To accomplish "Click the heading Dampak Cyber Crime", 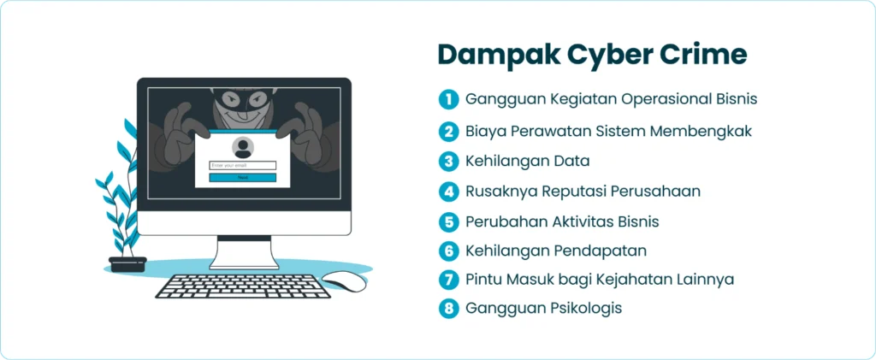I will [592, 54].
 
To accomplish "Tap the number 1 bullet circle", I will [448, 99].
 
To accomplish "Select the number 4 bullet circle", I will [448, 192].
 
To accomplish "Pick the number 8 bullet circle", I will [448, 308].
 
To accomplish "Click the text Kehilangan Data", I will [527, 161].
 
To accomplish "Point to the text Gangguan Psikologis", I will [543, 308].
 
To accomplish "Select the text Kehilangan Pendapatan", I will [555, 251].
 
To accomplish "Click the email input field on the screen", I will [243, 165].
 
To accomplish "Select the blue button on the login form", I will [243, 177].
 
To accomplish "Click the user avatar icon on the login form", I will [243, 147].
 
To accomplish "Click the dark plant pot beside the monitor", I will [127, 263].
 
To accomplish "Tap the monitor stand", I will [243, 254].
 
